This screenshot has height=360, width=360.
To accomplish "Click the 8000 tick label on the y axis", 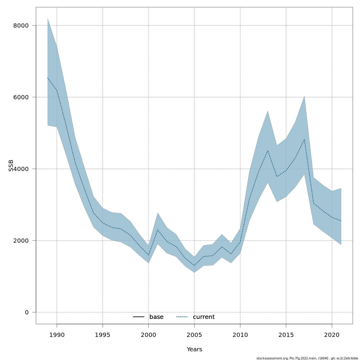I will point(21,25).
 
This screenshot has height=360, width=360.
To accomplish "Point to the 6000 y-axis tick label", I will point(21,97).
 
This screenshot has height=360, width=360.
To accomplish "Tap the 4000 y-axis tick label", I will point(21,169).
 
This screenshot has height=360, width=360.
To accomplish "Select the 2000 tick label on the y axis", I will point(21,241).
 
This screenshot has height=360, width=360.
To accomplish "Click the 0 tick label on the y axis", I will point(27,312).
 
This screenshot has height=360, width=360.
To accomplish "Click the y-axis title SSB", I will point(11,165).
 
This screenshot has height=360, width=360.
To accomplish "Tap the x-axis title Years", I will point(194,349).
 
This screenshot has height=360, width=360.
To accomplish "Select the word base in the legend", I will point(156,317).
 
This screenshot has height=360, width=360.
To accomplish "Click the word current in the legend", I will point(204,317).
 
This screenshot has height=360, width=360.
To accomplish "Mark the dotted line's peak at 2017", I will point(304,139).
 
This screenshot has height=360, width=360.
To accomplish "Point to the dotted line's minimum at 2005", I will point(194,265).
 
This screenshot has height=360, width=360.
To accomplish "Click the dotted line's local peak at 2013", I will point(268,151).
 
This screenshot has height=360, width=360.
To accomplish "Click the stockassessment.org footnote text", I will point(307,358).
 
